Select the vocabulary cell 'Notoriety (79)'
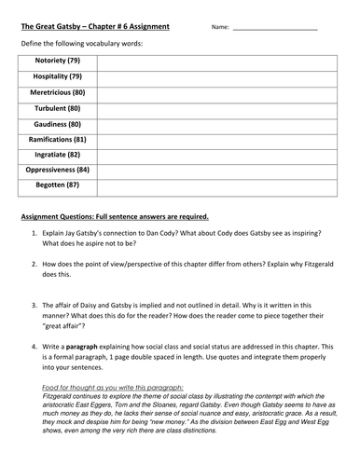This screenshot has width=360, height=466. [58, 60]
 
